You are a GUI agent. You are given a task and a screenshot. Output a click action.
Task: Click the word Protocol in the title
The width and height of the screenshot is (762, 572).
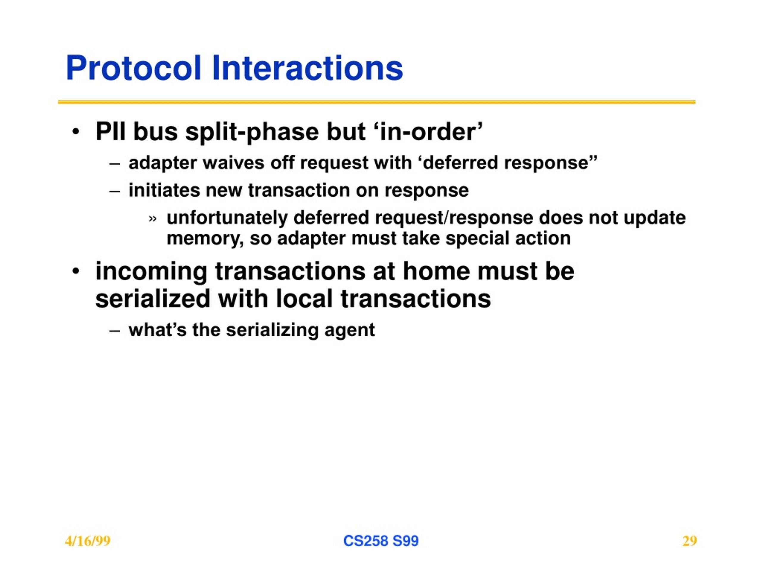(x=133, y=68)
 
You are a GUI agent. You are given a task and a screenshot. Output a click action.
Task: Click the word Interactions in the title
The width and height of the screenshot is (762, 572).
(x=307, y=68)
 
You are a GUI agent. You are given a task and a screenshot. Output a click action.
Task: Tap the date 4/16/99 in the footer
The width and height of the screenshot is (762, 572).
(x=88, y=541)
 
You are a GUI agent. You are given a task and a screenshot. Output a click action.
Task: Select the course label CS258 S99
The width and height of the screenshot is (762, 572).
(x=381, y=541)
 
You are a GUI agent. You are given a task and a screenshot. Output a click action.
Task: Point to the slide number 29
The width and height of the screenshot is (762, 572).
(x=690, y=541)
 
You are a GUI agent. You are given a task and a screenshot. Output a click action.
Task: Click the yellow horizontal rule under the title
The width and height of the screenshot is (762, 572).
(x=377, y=102)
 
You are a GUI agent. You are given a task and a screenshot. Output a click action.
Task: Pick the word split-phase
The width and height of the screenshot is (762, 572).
(x=252, y=132)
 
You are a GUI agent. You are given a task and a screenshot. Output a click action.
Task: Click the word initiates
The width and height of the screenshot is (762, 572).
(x=164, y=190)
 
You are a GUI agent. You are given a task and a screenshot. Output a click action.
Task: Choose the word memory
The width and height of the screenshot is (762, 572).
(x=205, y=239)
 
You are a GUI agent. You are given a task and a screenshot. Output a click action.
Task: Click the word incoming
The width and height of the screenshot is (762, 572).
(x=152, y=272)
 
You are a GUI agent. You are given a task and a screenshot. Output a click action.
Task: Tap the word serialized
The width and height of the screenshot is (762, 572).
(x=153, y=299)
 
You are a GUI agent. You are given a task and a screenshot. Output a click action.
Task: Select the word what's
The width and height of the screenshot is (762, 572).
(x=157, y=329)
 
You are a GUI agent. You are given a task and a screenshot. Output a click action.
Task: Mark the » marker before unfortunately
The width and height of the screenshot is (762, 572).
(x=153, y=219)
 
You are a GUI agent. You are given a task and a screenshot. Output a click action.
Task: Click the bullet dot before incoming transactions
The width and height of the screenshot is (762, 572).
(x=76, y=271)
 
